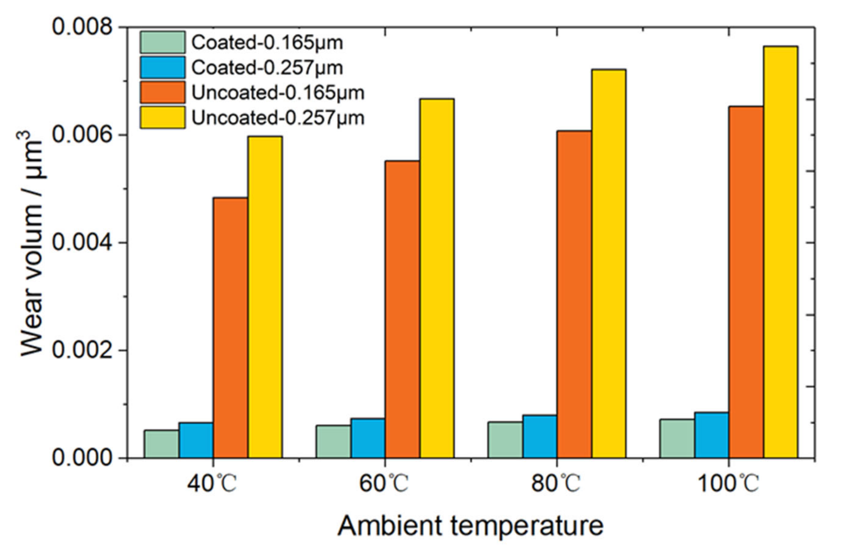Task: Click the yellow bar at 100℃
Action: point(781,252)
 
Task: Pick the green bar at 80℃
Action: point(505,440)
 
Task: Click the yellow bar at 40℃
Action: point(265,297)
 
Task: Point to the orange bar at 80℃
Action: point(574,294)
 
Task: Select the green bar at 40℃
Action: point(162,444)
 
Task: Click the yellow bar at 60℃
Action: point(437,278)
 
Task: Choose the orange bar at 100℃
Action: point(746,282)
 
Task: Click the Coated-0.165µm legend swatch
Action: point(162,42)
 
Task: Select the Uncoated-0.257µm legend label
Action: point(278,118)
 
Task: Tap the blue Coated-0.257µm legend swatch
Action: point(162,67)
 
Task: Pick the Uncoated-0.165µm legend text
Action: point(278,93)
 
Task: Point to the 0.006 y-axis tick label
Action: point(82,135)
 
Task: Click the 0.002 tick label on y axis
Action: point(82,350)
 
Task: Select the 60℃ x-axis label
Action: point(384,484)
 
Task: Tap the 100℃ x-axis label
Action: point(728,484)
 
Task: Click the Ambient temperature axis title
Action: point(470,526)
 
